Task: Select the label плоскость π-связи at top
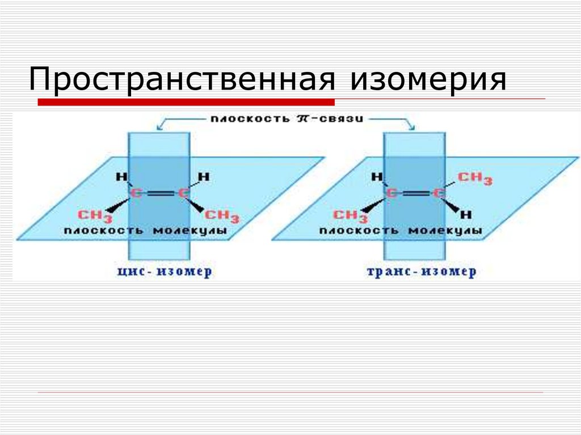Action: (x=287, y=120)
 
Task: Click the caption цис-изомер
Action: (x=165, y=272)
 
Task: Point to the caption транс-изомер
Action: (x=422, y=272)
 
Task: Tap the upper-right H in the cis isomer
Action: (x=204, y=177)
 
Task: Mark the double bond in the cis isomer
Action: (x=159, y=194)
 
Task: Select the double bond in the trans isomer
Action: (x=415, y=194)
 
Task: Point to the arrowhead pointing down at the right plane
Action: (x=412, y=128)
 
